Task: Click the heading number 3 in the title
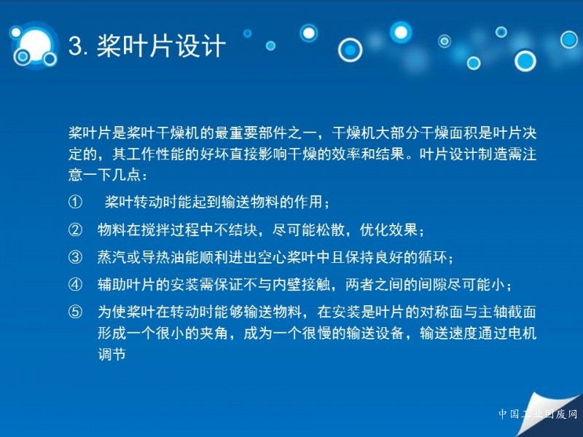pyautogui.click(x=76, y=47)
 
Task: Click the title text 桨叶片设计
pyautogui.click(x=161, y=46)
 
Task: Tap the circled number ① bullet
pyautogui.click(x=75, y=202)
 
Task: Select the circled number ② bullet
pyautogui.click(x=75, y=229)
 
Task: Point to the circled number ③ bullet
pyautogui.click(x=75, y=257)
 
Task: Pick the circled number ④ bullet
pyautogui.click(x=75, y=285)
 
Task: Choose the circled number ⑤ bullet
pyautogui.click(x=75, y=312)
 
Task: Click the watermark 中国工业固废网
pyautogui.click(x=538, y=414)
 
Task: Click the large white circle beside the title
pyautogui.click(x=34, y=44)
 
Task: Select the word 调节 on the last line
pyautogui.click(x=112, y=354)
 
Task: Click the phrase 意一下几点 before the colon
pyautogui.click(x=104, y=174)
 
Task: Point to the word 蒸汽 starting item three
pyautogui.click(x=112, y=257)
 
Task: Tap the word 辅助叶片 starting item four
pyautogui.click(x=126, y=285)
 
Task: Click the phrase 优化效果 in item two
pyautogui.click(x=388, y=229)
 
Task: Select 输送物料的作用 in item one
pyautogui.click(x=271, y=202)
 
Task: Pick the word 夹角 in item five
pyautogui.click(x=214, y=333)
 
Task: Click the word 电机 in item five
pyautogui.click(x=522, y=333)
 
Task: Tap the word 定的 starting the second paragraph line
pyautogui.click(x=83, y=154)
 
